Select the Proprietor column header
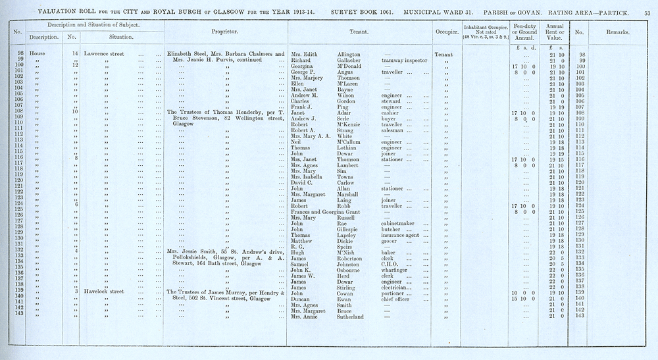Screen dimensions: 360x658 (224, 32)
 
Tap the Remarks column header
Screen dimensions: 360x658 (616, 32)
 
